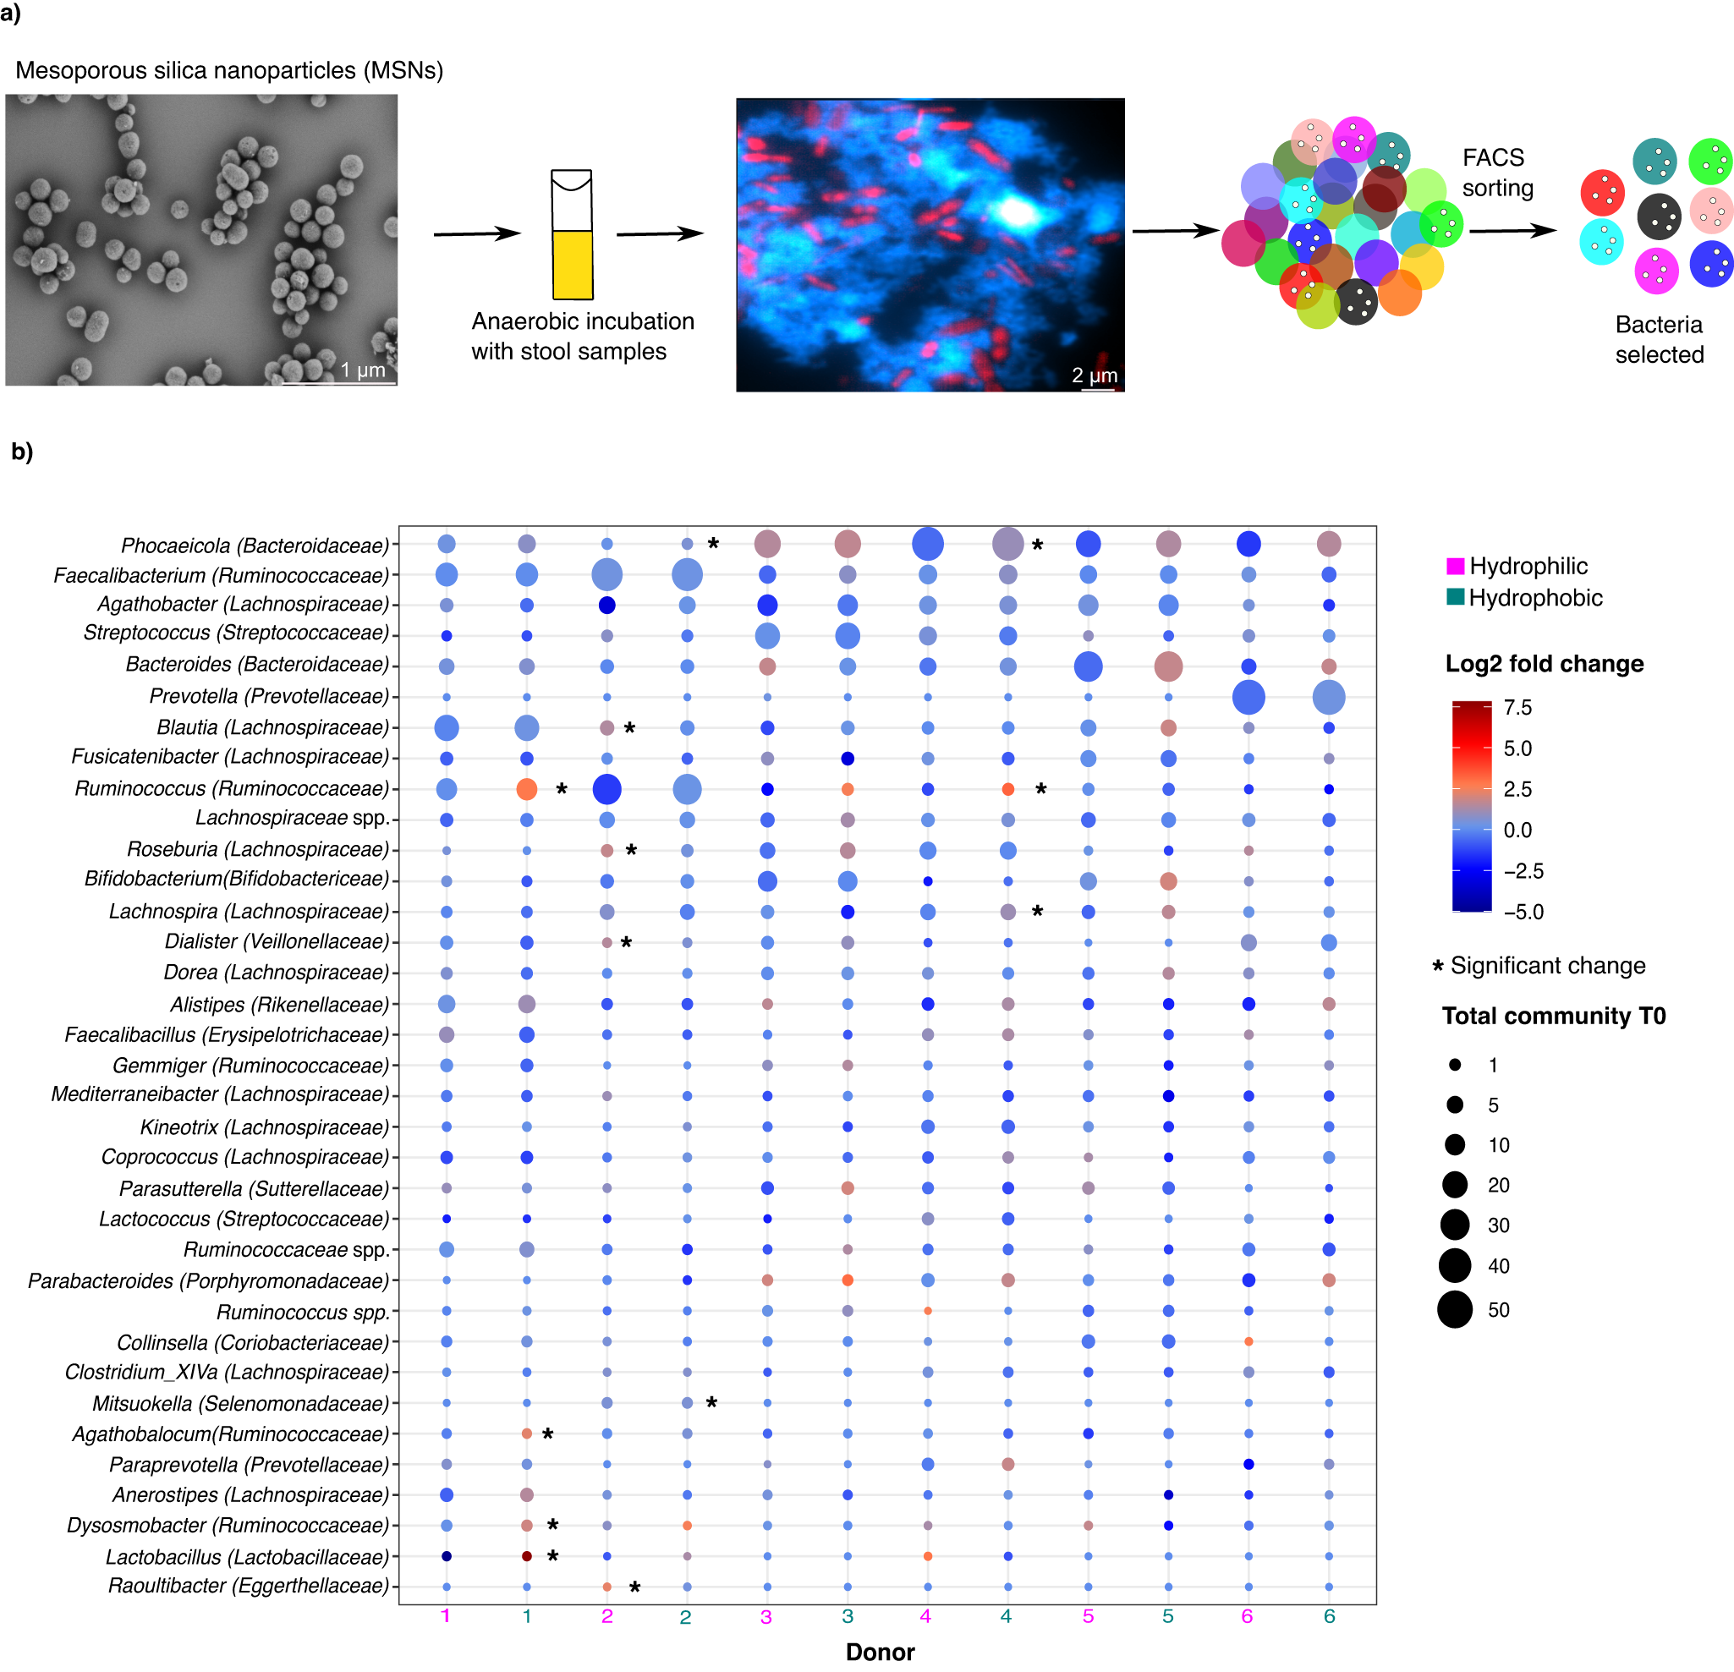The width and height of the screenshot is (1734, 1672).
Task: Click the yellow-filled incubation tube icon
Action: tap(573, 263)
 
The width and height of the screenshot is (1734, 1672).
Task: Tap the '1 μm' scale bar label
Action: tap(363, 370)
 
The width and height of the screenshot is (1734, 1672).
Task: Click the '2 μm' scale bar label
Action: tap(1095, 376)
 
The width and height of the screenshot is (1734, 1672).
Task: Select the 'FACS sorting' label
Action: tap(1497, 173)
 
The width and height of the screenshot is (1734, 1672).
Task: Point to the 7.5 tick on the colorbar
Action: tap(1517, 708)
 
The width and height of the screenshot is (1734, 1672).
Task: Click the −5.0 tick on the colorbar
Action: tap(1523, 912)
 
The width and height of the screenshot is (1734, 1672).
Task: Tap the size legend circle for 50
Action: tap(1454, 1310)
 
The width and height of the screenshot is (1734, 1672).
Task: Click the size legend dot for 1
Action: tap(1454, 1065)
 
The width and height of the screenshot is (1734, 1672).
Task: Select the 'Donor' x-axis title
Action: tap(880, 1652)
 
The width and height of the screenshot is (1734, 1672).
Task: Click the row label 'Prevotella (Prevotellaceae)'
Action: tap(269, 696)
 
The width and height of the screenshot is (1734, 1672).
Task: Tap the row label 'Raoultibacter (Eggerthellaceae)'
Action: tap(248, 1587)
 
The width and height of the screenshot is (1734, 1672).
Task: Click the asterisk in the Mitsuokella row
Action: tap(711, 1402)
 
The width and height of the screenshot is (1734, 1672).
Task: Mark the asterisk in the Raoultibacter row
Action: tap(634, 1587)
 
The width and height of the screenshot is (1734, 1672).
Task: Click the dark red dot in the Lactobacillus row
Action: tap(526, 1556)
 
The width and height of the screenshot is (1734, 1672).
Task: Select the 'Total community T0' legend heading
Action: tap(1554, 1016)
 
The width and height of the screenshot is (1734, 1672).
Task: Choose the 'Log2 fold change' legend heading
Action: tap(1544, 664)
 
